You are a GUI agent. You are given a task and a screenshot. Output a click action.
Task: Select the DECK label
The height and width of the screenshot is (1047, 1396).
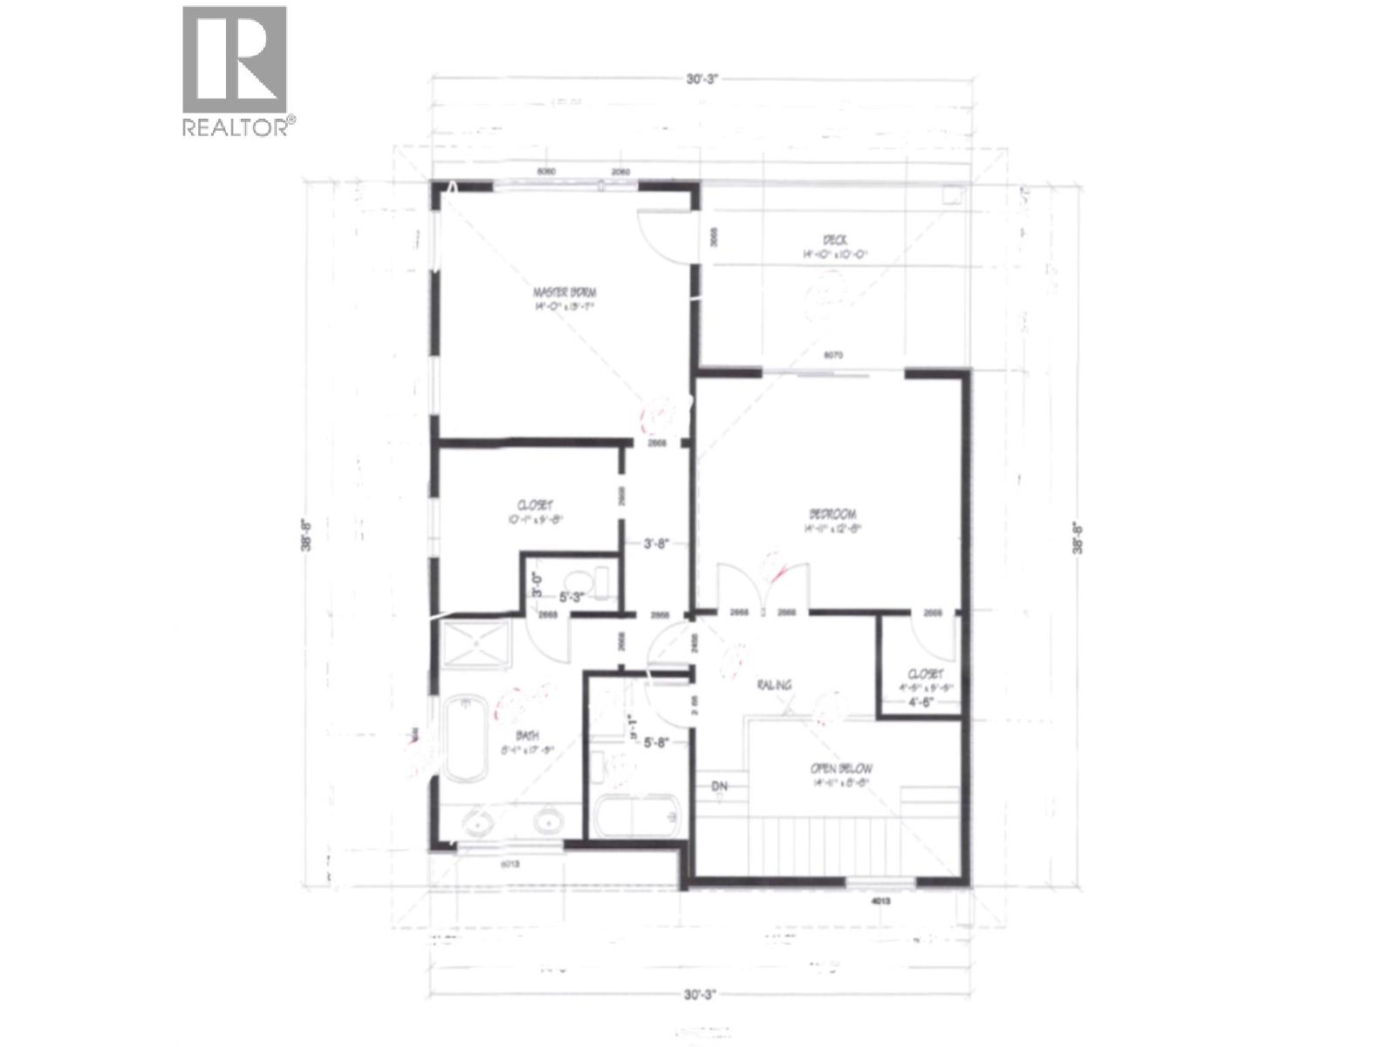click(832, 241)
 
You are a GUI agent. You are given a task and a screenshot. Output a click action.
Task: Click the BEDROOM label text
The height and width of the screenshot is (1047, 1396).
click(832, 514)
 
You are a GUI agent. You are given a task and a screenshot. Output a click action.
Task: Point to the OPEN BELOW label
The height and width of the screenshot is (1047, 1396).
click(839, 769)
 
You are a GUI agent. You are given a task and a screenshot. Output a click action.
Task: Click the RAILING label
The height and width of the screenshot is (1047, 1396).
click(774, 685)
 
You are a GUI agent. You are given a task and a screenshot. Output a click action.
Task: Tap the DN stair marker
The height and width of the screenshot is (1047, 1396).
click(720, 786)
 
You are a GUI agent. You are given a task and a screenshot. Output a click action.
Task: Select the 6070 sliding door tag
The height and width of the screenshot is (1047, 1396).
click(837, 356)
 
